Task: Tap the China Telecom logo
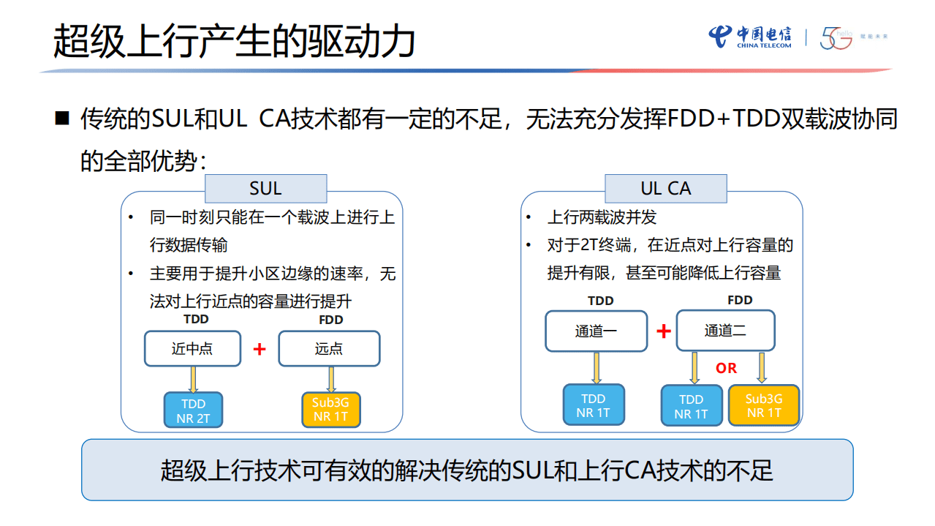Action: click(x=750, y=37)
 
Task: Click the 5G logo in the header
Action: click(x=836, y=38)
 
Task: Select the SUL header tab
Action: click(x=265, y=189)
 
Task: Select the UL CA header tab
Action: click(x=665, y=189)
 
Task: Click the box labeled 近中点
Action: click(x=192, y=349)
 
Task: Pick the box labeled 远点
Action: click(x=329, y=349)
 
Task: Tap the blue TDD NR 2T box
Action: click(x=193, y=410)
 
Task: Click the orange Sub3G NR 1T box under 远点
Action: click(x=331, y=410)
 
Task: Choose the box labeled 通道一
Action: click(x=596, y=331)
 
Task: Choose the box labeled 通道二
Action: click(x=725, y=331)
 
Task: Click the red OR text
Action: click(x=727, y=368)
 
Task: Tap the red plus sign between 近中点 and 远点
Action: click(x=260, y=350)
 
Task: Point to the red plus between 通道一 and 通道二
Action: click(x=664, y=331)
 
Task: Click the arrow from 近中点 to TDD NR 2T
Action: click(x=193, y=379)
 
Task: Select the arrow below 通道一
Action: click(x=596, y=367)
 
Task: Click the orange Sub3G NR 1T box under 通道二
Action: click(x=764, y=405)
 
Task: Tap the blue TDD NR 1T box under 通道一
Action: click(x=594, y=405)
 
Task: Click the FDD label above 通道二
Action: click(x=740, y=300)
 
